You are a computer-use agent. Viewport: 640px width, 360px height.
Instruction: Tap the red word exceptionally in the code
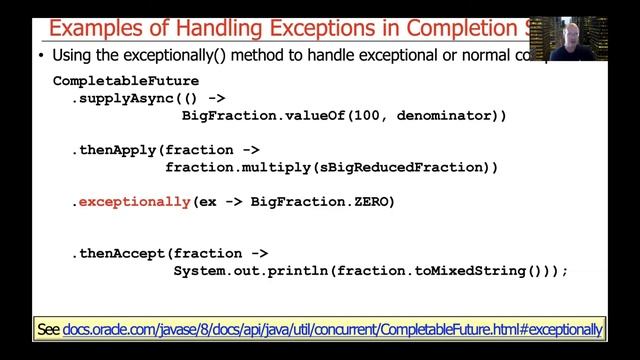[x=134, y=202]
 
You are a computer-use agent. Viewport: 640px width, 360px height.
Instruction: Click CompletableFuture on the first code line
[x=125, y=81]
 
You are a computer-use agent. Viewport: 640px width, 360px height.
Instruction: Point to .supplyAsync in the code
[x=118, y=99]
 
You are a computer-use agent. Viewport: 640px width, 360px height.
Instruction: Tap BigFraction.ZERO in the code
[x=322, y=202]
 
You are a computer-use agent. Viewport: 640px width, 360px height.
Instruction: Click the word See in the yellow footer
[x=48, y=329]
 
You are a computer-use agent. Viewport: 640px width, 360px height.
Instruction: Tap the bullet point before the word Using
[x=41, y=56]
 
